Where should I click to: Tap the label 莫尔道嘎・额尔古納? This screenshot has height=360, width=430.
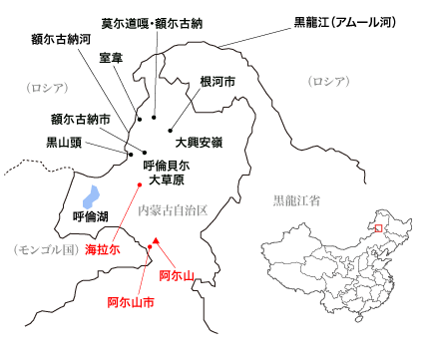click(152, 22)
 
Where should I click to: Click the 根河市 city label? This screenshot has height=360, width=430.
click(216, 81)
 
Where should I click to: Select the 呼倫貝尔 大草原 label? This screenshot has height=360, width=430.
click(167, 173)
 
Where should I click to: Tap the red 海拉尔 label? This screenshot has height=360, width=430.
click(102, 250)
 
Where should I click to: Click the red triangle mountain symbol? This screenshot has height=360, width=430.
click(157, 239)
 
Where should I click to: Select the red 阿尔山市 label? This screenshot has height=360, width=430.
click(131, 301)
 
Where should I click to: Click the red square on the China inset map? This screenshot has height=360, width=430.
click(377, 228)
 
